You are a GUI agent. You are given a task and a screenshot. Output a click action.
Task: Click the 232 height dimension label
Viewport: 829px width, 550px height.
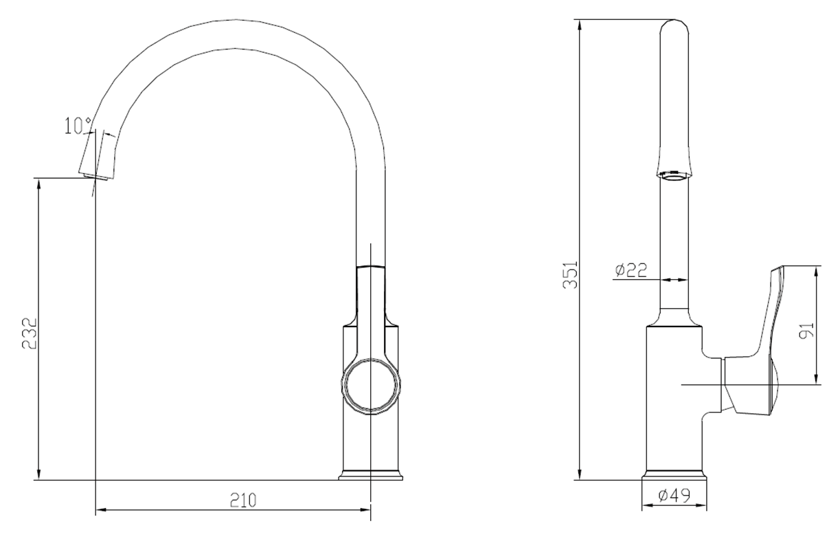click(x=30, y=333)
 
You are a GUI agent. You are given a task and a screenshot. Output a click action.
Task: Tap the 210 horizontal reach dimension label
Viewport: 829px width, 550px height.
click(x=243, y=500)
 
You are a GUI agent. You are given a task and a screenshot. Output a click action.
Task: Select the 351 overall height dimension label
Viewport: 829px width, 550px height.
click(x=570, y=274)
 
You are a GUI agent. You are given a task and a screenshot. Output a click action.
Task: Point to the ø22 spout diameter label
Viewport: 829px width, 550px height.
click(x=631, y=270)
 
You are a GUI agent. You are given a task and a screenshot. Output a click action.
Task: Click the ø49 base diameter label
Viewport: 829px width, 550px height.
click(x=674, y=496)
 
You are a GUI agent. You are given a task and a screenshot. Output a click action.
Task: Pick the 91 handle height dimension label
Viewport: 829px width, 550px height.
click(x=807, y=330)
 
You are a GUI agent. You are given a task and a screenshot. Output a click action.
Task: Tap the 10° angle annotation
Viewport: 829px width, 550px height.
click(x=78, y=126)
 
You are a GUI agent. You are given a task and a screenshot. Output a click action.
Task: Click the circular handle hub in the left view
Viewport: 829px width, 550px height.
click(x=371, y=385)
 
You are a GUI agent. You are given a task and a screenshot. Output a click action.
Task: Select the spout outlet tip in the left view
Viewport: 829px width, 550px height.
click(x=95, y=176)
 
